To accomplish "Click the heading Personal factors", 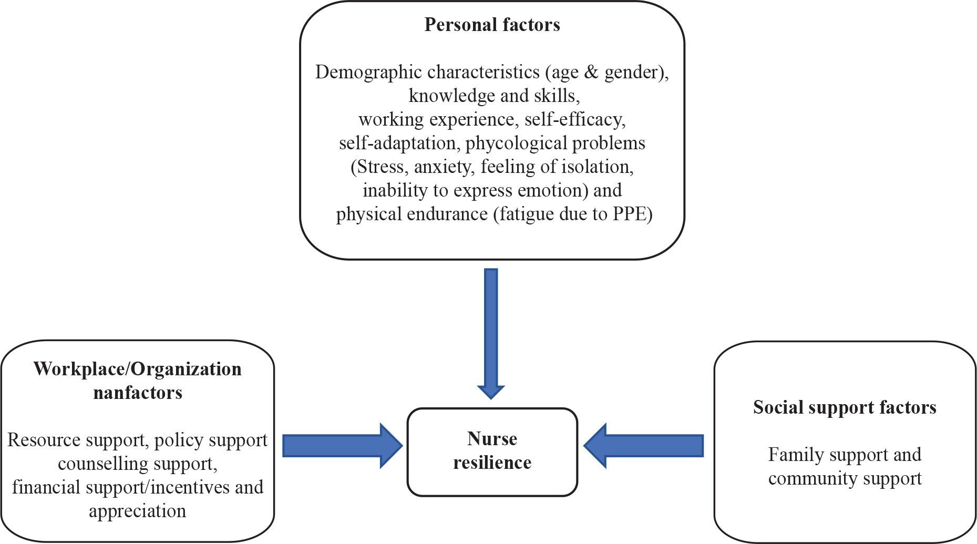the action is point(492,25).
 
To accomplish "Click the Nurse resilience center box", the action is point(492,452).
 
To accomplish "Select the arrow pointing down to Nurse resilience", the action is point(491,334).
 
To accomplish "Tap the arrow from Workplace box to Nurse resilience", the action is point(343,446).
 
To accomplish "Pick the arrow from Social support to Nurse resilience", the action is point(644,446).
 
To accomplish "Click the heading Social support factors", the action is point(845,407).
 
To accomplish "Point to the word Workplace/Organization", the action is point(138,369).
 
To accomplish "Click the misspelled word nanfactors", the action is point(138,393).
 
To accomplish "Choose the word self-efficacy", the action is point(575,119).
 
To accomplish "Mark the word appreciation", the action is point(138,511).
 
